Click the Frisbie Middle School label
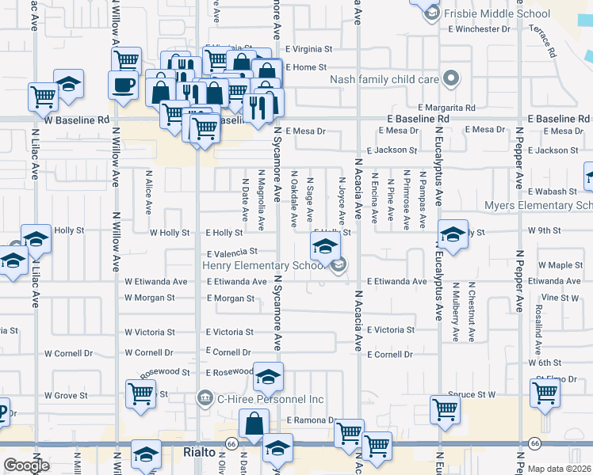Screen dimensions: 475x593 (497, 13)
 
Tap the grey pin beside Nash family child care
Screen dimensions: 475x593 (451, 78)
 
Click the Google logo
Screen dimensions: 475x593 (26, 465)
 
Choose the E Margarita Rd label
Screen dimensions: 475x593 (446, 108)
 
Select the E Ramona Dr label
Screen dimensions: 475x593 (312, 420)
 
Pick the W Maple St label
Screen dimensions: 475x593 (560, 264)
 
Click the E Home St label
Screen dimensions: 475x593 (305, 67)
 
